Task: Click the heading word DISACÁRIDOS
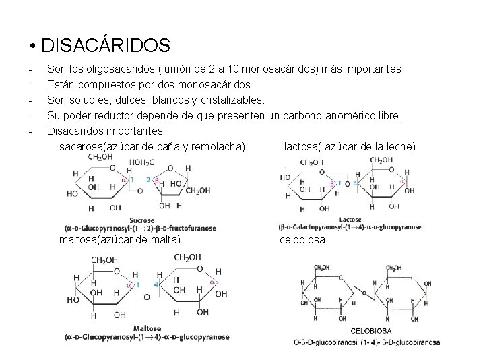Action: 105,46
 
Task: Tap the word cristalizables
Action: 228,100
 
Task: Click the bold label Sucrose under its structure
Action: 143,220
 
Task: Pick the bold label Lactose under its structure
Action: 350,220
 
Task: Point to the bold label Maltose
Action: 148,328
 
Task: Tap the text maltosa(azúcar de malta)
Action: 120,239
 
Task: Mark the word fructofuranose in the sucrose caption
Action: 192,228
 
